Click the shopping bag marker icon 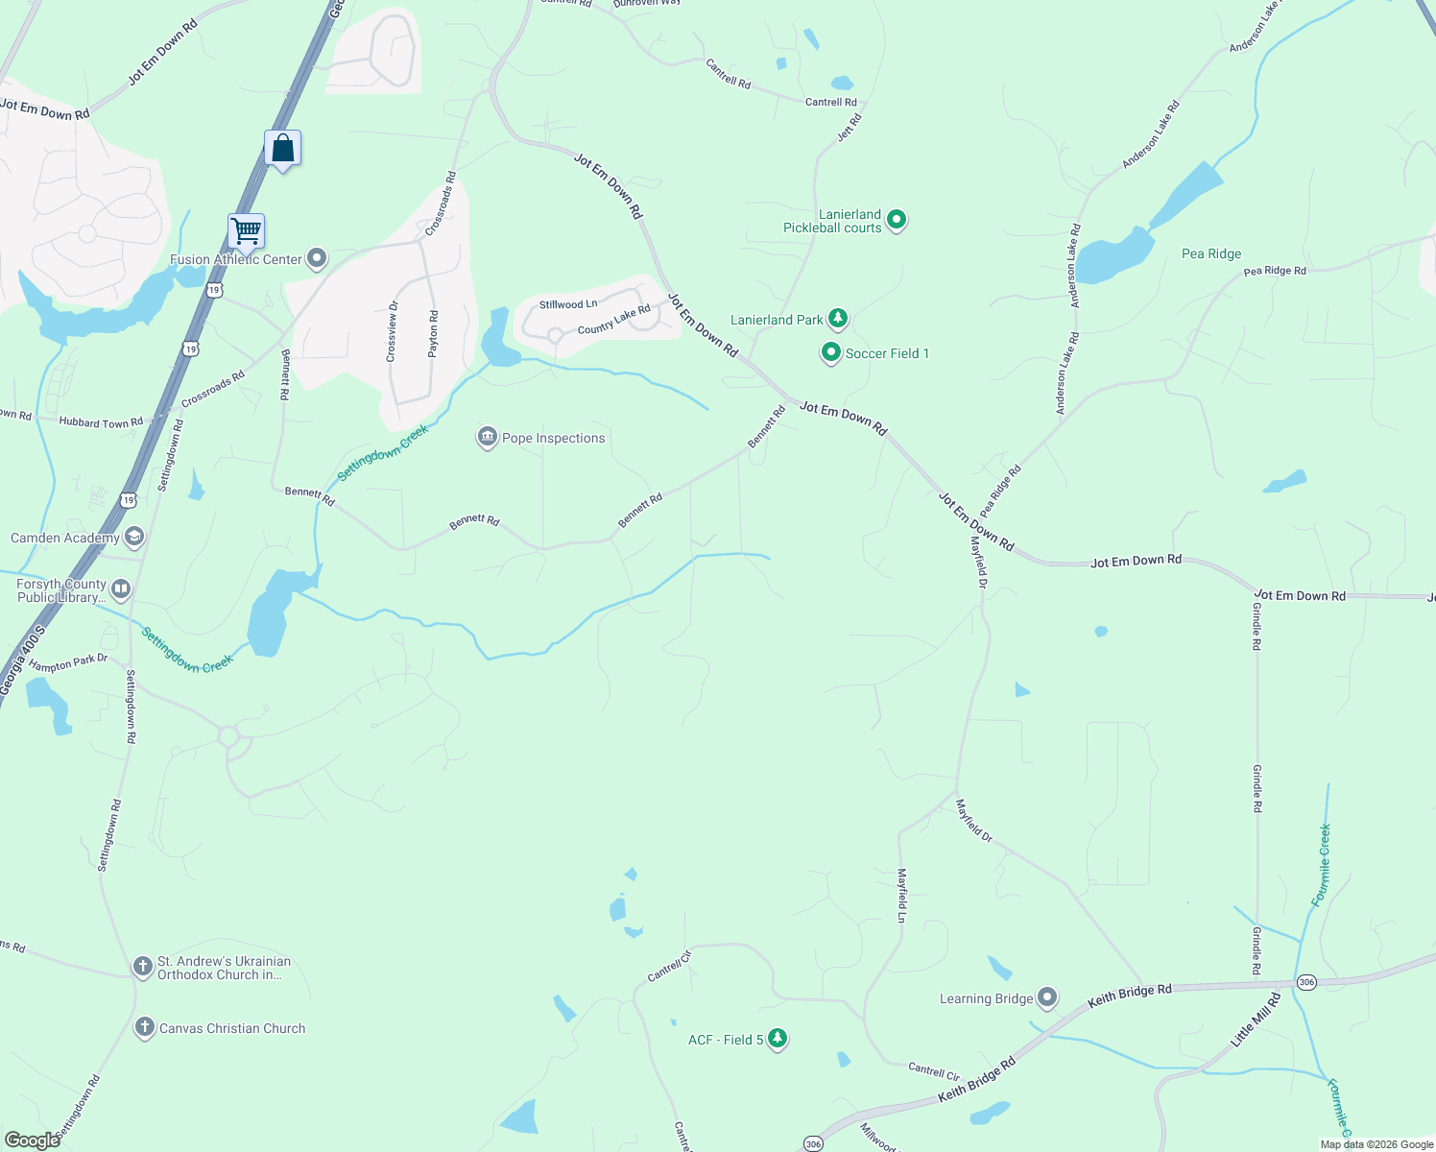282,149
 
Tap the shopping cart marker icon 246,231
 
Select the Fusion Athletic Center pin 317,259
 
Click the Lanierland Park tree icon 838,318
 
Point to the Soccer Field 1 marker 830,353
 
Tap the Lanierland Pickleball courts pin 897,221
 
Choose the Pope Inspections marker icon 488,438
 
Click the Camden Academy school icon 134,537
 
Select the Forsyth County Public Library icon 121,588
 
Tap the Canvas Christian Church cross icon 144,1027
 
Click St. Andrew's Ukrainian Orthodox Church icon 143,967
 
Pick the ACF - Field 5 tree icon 778,1039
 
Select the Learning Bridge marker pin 1047,998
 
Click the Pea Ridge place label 1211,253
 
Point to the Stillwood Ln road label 568,304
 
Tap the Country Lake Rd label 614,320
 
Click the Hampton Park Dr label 68,662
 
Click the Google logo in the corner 32,1140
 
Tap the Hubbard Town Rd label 101,421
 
